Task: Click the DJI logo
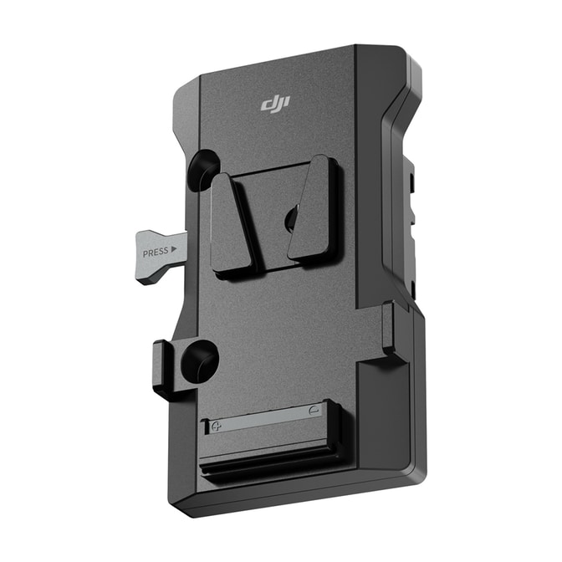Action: click(x=275, y=104)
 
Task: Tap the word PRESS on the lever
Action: click(x=156, y=253)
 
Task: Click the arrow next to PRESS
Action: click(x=174, y=248)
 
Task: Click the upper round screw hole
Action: click(x=204, y=171)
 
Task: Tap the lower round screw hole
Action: click(x=199, y=362)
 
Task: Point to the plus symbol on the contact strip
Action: click(x=217, y=427)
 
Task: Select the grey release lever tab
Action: click(x=161, y=257)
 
